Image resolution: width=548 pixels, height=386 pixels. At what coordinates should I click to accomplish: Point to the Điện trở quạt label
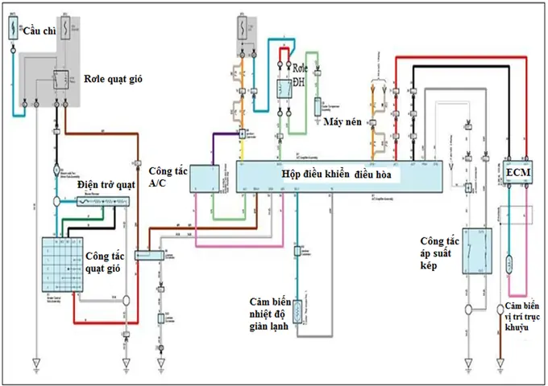(106, 185)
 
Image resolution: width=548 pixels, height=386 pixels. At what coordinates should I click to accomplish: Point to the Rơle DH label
(299, 76)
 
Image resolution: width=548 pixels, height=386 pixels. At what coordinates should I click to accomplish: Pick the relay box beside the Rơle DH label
(284, 91)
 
